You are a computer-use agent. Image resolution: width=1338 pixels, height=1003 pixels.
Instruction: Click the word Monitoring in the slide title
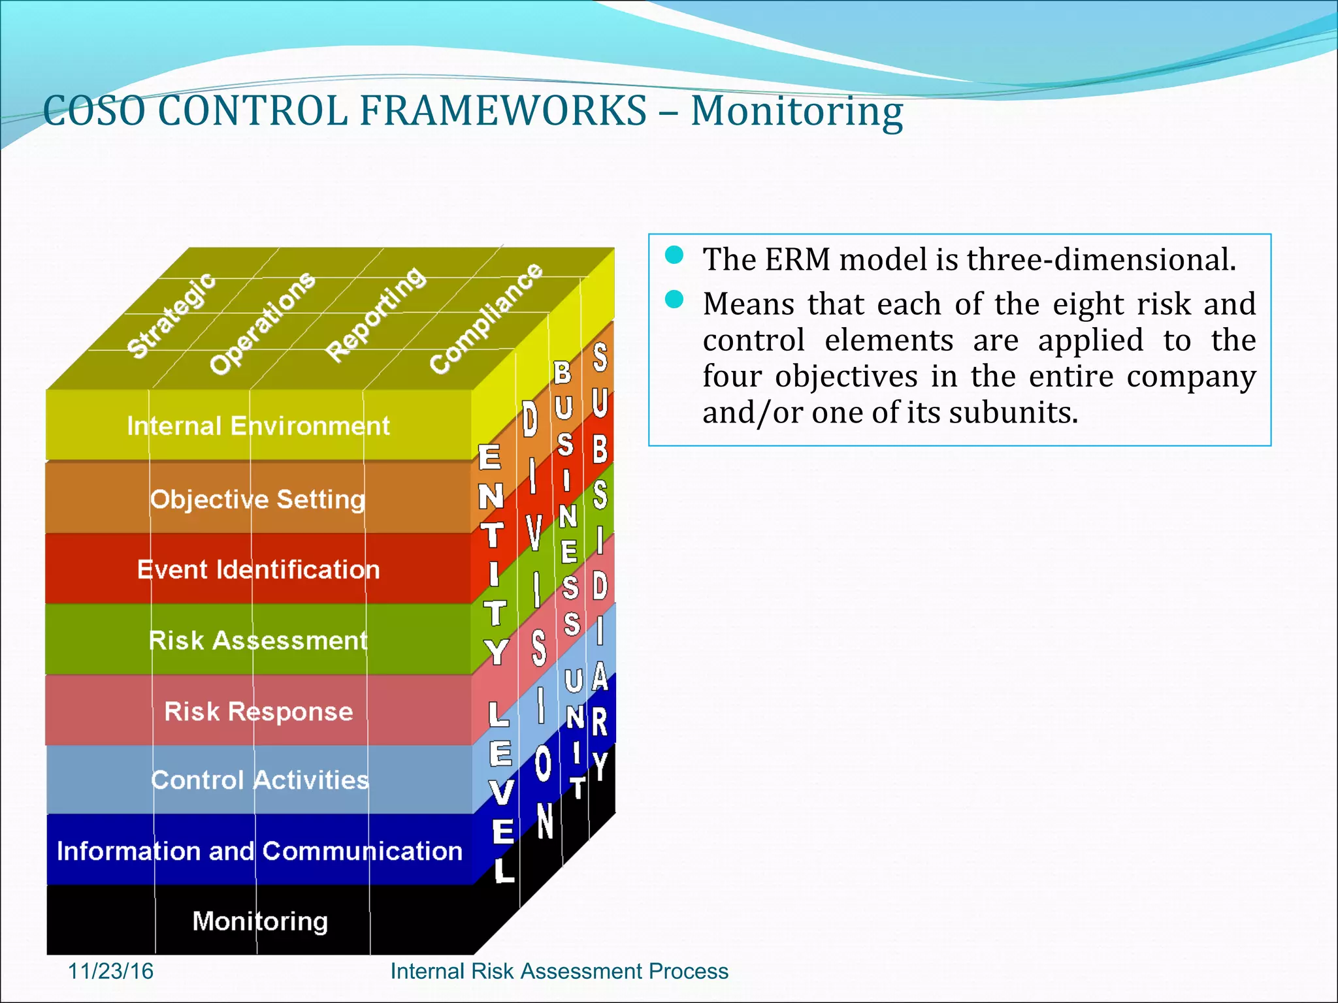(x=796, y=111)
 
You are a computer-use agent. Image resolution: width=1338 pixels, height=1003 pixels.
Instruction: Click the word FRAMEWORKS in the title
(x=503, y=111)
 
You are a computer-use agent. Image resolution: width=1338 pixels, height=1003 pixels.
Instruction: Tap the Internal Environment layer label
(x=258, y=426)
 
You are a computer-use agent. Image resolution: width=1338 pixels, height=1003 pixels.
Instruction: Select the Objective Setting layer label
(x=257, y=500)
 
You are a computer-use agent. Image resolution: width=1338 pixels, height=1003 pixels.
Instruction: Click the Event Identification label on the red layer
(x=258, y=570)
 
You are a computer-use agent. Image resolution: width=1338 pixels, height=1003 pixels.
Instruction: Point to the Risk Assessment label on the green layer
(x=258, y=641)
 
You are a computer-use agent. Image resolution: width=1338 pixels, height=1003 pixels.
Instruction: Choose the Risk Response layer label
(x=258, y=711)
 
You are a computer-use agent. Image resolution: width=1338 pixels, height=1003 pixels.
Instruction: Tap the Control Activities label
(x=259, y=780)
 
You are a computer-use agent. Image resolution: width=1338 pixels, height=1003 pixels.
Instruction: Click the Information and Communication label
(x=259, y=851)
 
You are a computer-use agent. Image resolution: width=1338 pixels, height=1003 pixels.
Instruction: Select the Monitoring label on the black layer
(x=259, y=921)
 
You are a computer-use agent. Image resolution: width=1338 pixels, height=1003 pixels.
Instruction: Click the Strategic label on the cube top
(x=171, y=315)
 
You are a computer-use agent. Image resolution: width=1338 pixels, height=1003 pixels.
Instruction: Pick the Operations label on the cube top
(x=262, y=323)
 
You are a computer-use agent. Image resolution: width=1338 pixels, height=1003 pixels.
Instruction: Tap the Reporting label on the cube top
(x=376, y=314)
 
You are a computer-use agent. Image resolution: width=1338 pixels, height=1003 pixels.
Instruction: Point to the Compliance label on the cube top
(x=486, y=318)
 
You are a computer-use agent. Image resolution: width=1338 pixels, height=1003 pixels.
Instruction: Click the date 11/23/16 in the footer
(x=110, y=971)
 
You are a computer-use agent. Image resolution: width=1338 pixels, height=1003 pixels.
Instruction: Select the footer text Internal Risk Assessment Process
(x=559, y=971)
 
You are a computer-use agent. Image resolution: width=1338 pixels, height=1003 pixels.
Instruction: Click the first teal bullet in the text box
(x=674, y=255)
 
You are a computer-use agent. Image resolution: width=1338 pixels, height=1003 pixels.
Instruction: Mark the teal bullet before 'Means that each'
(x=674, y=300)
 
